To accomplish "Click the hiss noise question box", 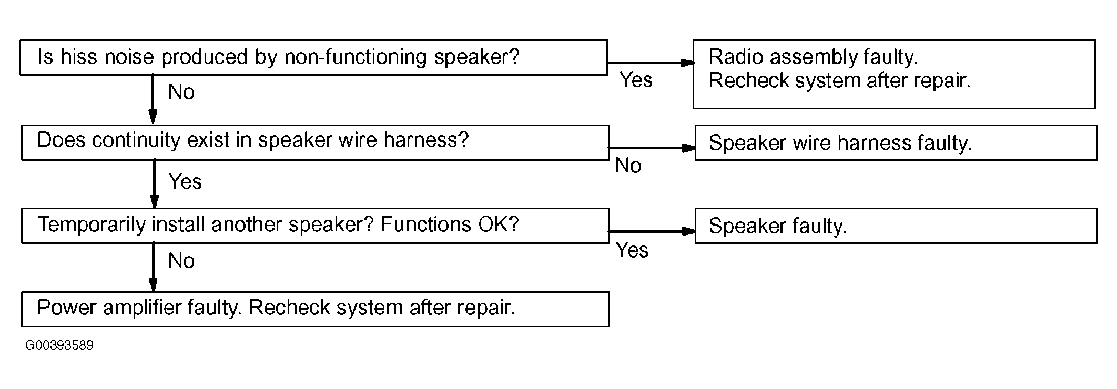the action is coord(313,57).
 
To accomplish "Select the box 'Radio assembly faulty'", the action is coord(894,74).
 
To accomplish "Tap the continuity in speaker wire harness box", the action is coord(316,142).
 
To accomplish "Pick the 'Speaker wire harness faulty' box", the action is coord(896,142).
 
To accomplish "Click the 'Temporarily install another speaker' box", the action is coord(316,226).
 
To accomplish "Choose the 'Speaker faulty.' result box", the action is coord(896,226).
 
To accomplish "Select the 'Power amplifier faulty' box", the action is coord(316,309).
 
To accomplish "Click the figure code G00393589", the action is coord(59,345).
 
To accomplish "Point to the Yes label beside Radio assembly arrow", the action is coord(636,80).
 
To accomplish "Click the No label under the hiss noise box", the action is coord(181,92).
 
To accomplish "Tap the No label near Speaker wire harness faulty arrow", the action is coord(628,166).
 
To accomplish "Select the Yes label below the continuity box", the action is coord(185,182).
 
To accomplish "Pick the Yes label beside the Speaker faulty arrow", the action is coord(632,250).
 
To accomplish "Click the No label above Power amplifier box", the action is coord(181,261).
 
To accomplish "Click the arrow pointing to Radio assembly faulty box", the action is coord(651,63).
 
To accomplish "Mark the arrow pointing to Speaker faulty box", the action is coord(652,231).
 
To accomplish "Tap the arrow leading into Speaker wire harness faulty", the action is coord(652,148).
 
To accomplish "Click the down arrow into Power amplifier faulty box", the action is coord(153,267).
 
